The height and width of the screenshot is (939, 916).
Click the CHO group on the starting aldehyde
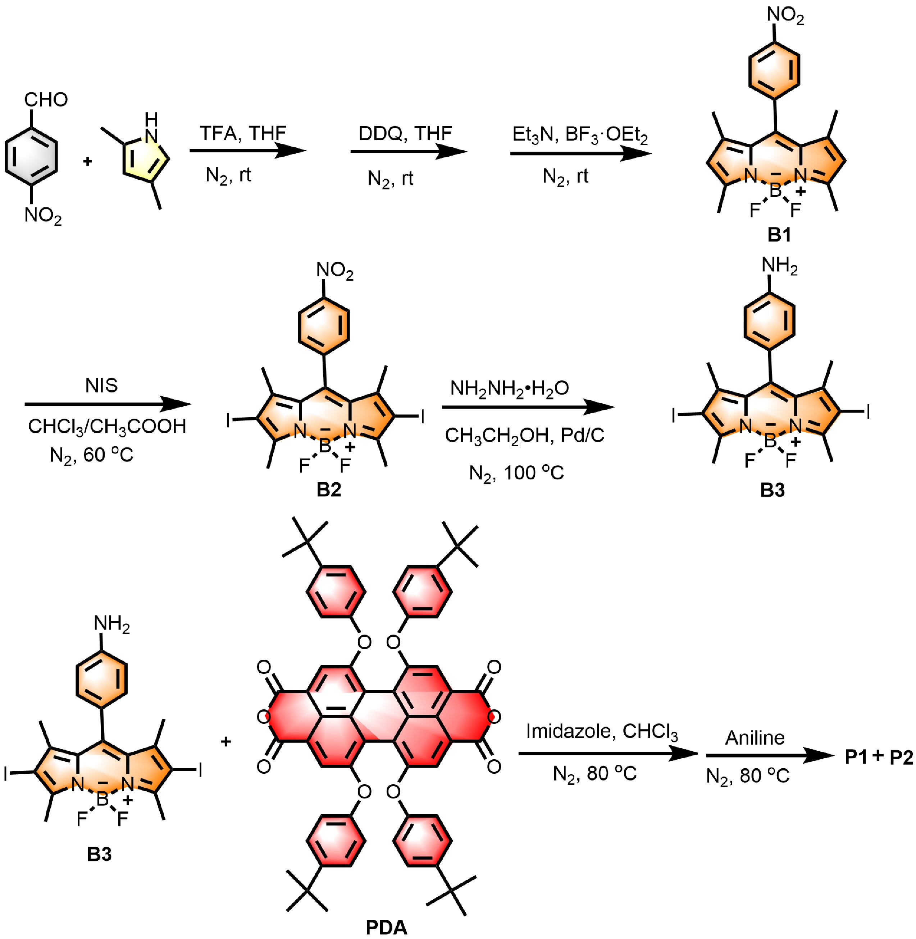(x=46, y=100)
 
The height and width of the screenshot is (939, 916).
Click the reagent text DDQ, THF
(x=405, y=133)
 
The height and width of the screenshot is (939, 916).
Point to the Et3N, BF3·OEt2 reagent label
(x=580, y=135)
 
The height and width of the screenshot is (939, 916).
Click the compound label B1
(x=779, y=235)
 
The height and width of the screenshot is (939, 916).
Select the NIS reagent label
(x=101, y=386)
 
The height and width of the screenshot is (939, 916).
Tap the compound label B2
(x=329, y=489)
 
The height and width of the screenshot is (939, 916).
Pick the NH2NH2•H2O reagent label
(x=510, y=388)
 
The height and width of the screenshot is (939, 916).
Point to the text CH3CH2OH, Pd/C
(x=524, y=435)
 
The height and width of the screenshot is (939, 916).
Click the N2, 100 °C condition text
(x=516, y=473)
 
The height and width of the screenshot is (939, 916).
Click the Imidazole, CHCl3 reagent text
(x=601, y=732)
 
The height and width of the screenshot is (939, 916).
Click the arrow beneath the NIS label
(x=108, y=404)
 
